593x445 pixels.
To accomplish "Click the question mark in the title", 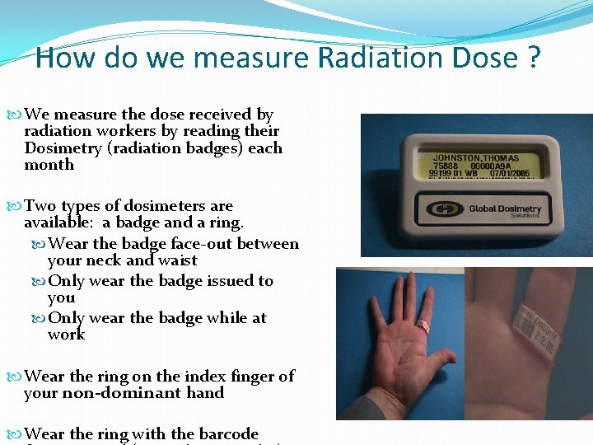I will click(534, 58).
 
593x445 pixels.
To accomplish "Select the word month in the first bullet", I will click(49, 165).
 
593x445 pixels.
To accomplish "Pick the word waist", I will click(178, 260).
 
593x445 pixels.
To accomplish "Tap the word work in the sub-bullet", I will click(66, 335).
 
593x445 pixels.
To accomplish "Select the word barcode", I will click(225, 434).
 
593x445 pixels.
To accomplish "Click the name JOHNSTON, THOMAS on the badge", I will click(475, 157).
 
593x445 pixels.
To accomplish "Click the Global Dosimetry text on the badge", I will click(504, 209).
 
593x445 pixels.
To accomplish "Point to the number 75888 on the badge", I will click(448, 166).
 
